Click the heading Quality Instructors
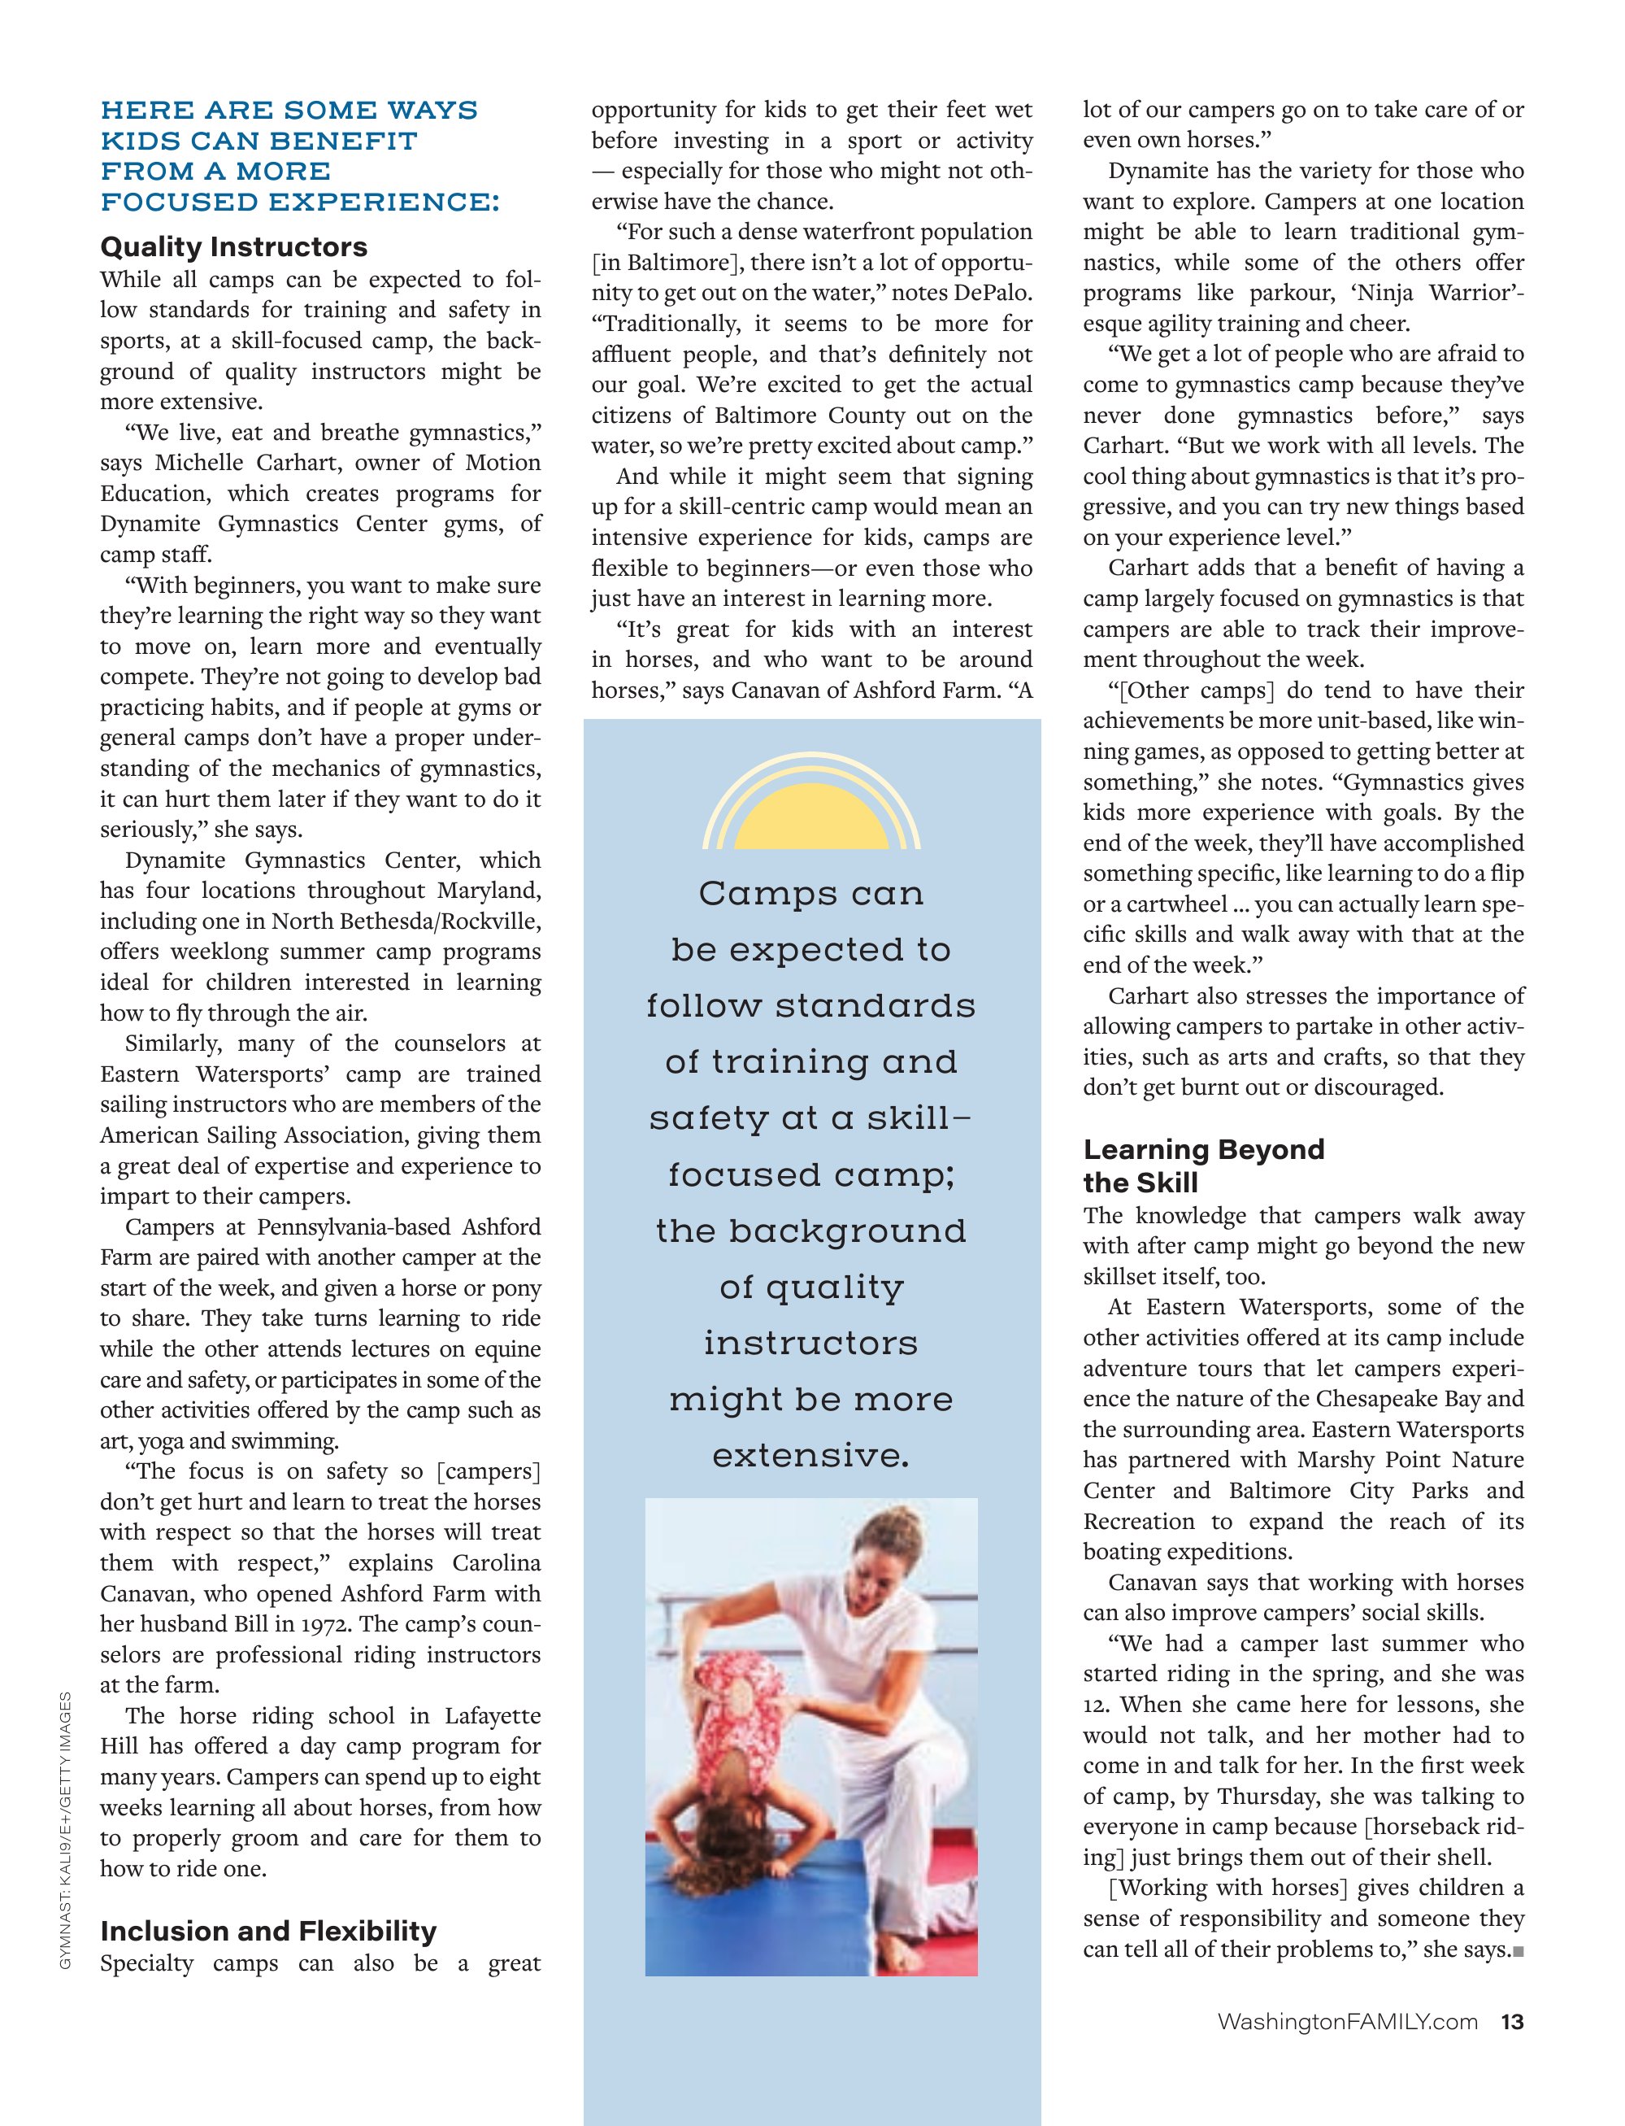(x=233, y=246)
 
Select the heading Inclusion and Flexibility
(x=268, y=1931)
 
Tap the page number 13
(x=1512, y=2022)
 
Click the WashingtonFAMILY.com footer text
(x=1348, y=2022)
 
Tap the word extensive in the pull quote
(x=810, y=1455)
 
